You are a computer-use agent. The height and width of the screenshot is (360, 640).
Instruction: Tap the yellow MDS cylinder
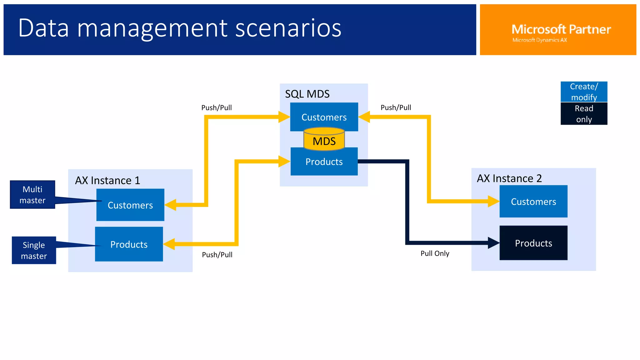324,141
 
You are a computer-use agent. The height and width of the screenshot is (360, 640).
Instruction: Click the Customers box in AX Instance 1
130,205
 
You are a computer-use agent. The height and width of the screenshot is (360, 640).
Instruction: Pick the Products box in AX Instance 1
129,244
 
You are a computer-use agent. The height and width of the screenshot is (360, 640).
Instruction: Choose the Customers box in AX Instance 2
533,202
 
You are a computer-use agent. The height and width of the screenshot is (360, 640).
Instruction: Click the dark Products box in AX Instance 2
533,243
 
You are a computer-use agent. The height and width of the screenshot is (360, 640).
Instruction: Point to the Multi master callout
32,195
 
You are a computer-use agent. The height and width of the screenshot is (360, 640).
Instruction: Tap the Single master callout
34,250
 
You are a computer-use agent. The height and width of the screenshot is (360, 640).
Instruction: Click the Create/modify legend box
584,92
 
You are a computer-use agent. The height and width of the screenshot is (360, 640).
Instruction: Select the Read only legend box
584,114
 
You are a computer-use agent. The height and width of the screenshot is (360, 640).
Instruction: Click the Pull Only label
435,253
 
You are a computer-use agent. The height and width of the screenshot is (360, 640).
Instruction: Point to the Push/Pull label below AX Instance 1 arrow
217,255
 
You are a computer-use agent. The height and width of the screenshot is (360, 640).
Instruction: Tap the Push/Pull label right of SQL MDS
396,107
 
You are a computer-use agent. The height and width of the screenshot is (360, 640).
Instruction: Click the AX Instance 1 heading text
107,181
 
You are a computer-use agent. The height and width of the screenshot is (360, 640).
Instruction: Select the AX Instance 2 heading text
509,178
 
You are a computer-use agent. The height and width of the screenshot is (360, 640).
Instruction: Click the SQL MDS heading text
307,94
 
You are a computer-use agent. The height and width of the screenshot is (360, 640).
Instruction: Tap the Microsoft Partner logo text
561,30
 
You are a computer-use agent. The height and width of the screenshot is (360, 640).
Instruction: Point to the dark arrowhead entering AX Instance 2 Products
493,243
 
